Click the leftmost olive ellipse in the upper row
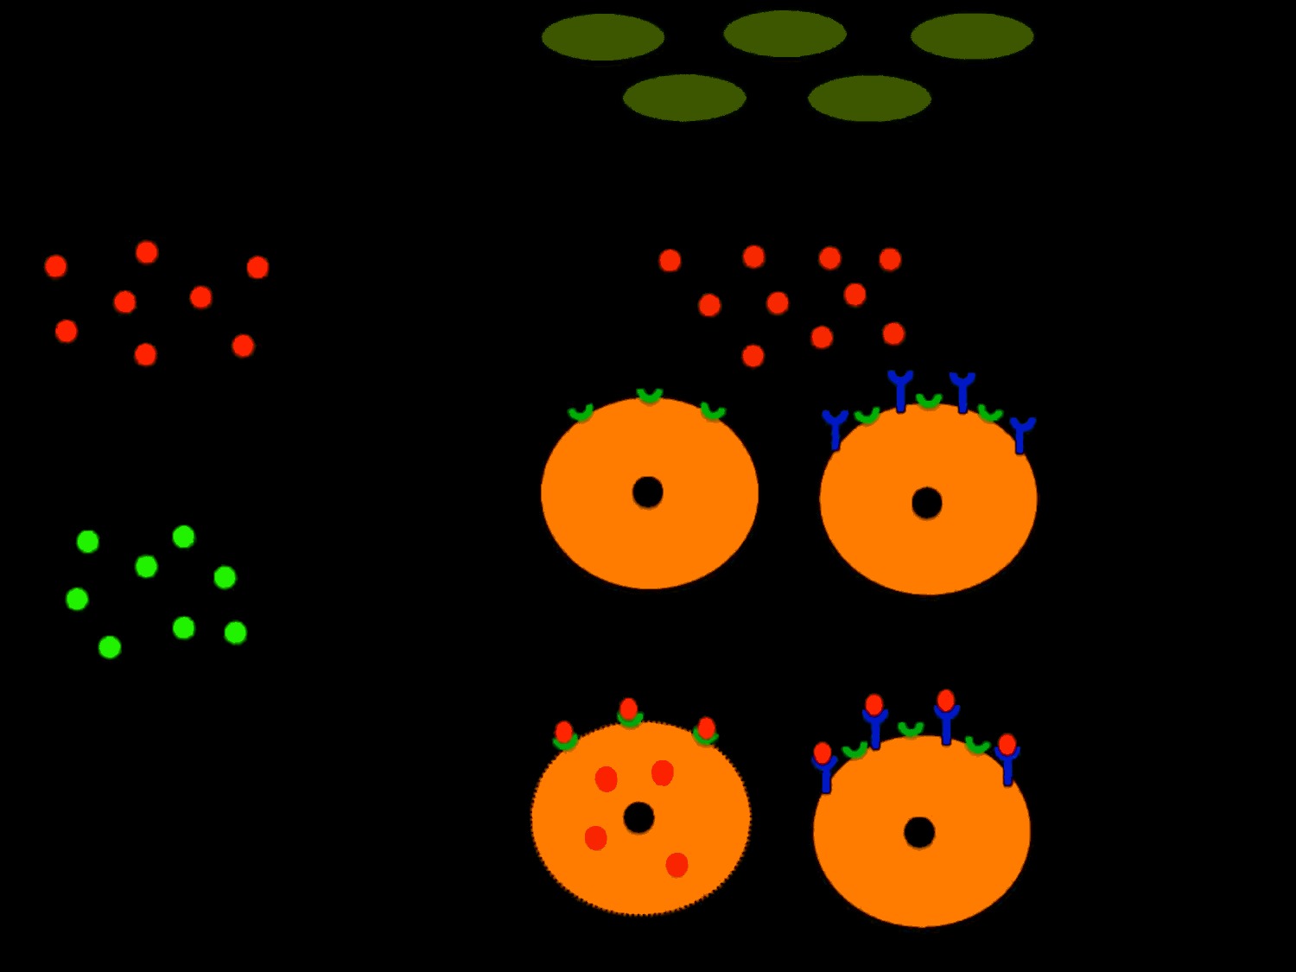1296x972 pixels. pyautogui.click(x=602, y=37)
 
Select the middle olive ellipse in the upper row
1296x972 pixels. pyautogui.click(x=785, y=35)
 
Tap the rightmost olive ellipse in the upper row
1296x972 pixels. pyautogui.click(x=972, y=36)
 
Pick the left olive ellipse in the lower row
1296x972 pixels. pyautogui.click(x=684, y=98)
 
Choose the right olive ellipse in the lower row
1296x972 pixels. pyautogui.click(x=869, y=98)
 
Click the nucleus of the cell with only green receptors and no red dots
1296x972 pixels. pyautogui.click(x=648, y=492)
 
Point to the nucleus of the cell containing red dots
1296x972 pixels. pyautogui.click(x=638, y=817)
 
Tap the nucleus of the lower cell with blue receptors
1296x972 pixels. pyautogui.click(x=919, y=833)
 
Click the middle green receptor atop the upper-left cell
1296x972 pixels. pyautogui.click(x=650, y=397)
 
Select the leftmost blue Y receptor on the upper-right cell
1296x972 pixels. pyautogui.click(x=835, y=428)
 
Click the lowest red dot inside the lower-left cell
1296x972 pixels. pyautogui.click(x=677, y=865)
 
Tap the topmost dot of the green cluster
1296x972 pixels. pyautogui.click(x=183, y=537)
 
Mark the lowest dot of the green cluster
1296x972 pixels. pyautogui.click(x=110, y=647)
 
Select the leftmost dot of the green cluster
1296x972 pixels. pyautogui.click(x=77, y=599)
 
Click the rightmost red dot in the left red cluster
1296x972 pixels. pyautogui.click(x=257, y=267)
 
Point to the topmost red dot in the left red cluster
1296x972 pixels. pyautogui.click(x=147, y=252)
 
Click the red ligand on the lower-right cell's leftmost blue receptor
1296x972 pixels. pyautogui.click(x=823, y=753)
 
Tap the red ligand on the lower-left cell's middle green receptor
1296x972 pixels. pyautogui.click(x=629, y=708)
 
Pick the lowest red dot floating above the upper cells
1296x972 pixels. pyautogui.click(x=753, y=356)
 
